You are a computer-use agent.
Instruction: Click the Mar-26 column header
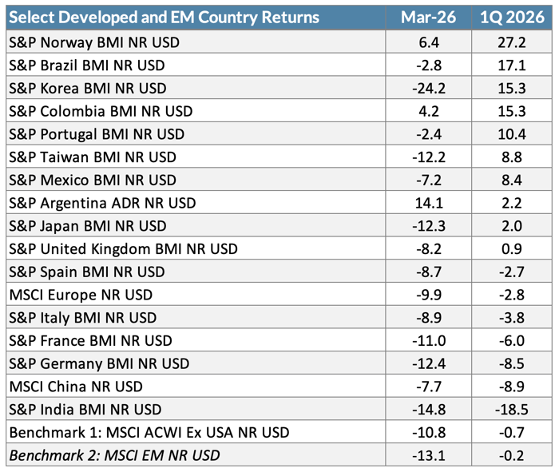click(x=434, y=18)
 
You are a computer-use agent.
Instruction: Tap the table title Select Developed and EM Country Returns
click(x=163, y=18)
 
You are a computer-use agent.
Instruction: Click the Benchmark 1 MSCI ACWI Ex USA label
click(x=148, y=433)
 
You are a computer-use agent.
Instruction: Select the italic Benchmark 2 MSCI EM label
click(x=114, y=456)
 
